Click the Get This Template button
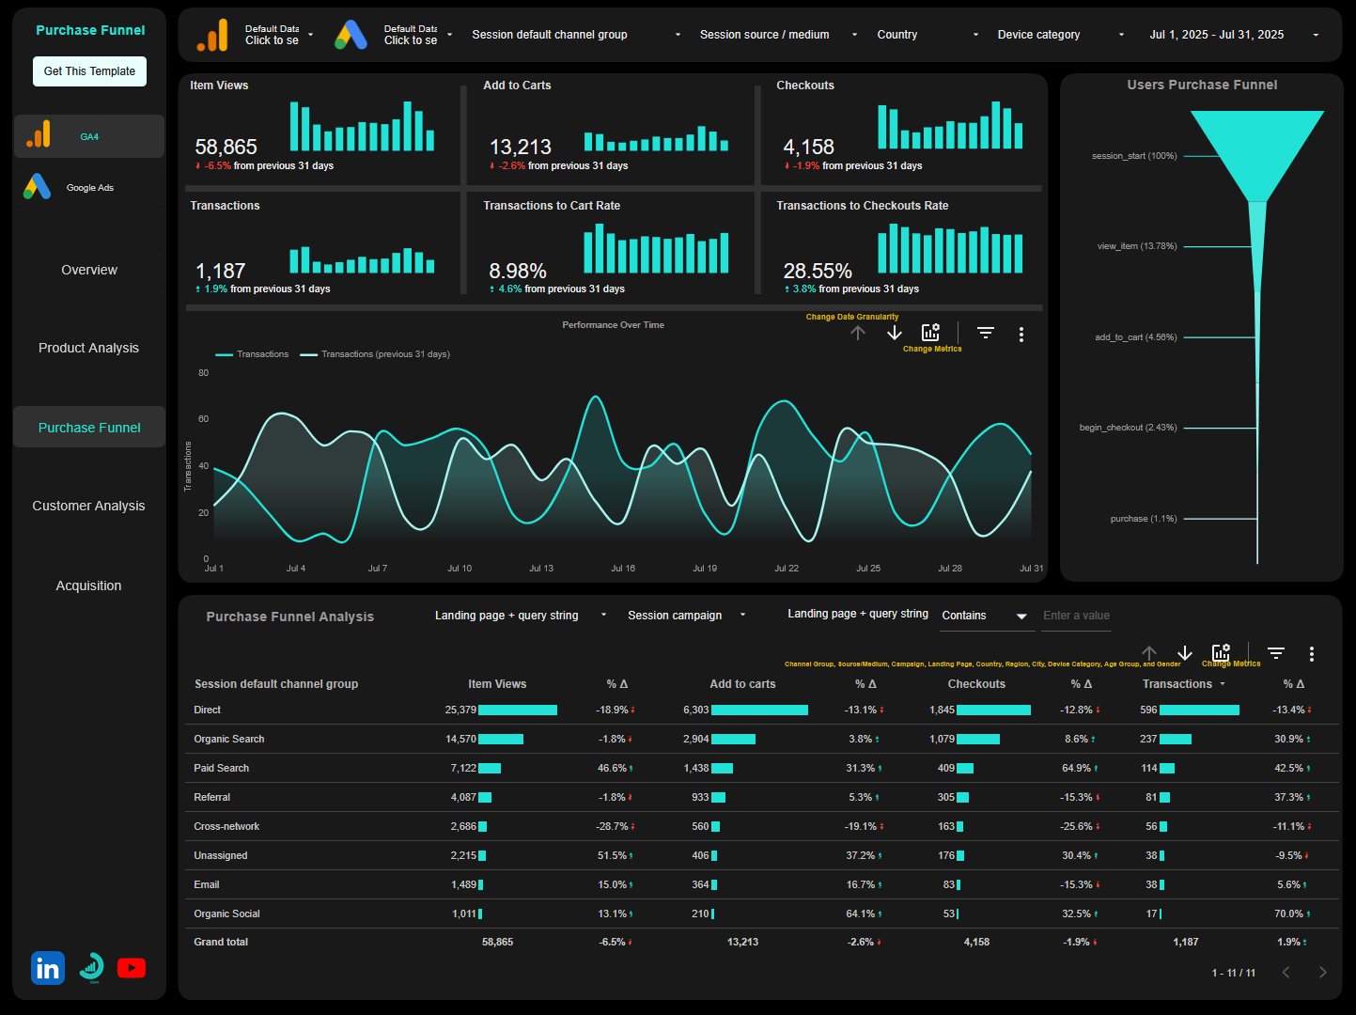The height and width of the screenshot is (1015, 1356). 89,71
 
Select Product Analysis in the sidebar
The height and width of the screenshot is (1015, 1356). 88,348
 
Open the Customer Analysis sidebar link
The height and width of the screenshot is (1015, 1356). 88,506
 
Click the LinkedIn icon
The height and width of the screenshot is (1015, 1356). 48,968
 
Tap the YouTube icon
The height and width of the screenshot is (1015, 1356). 132,968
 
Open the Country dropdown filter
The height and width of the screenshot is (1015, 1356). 927,35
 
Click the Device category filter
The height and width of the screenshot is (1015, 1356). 1060,35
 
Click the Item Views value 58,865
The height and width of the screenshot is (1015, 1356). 226,148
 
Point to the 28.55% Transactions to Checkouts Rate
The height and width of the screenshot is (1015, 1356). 818,272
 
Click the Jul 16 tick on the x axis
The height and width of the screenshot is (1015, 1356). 623,569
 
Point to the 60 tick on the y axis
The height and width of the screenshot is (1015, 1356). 204,419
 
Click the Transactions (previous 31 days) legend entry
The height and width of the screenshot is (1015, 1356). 384,354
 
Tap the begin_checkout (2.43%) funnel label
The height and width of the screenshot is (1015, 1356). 1128,428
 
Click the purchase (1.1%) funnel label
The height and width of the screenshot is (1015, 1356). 1143,519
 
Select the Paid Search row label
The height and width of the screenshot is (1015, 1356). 222,768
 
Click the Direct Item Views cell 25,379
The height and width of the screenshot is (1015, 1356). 460,710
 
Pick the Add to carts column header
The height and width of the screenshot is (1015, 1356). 742,684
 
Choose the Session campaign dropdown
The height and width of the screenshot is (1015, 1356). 686,616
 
